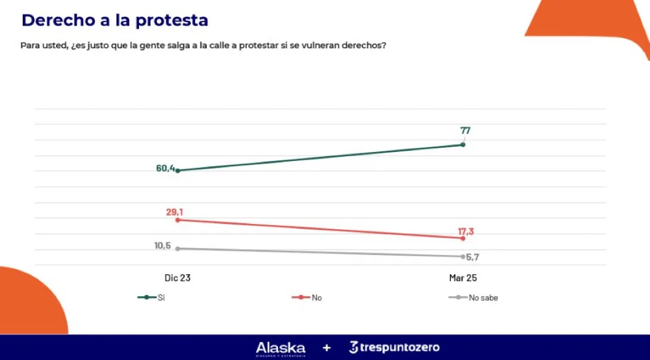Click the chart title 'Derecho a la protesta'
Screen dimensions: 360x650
click(x=114, y=20)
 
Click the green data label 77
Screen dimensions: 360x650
click(x=465, y=131)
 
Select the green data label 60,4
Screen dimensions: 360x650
click(x=165, y=169)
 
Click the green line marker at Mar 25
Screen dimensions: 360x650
click(x=463, y=145)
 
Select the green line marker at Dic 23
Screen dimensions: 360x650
click(x=178, y=170)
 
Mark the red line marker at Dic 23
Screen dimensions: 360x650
click(x=178, y=220)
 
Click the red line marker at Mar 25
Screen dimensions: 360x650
click(x=463, y=238)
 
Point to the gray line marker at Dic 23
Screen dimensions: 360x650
click(x=178, y=249)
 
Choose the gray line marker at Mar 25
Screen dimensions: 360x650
click(x=463, y=256)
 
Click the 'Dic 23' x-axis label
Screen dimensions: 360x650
click(x=178, y=278)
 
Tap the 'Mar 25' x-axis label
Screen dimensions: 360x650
click(x=463, y=278)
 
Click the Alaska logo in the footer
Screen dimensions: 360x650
click(x=280, y=348)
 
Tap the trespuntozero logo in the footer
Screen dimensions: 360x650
click(x=394, y=347)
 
